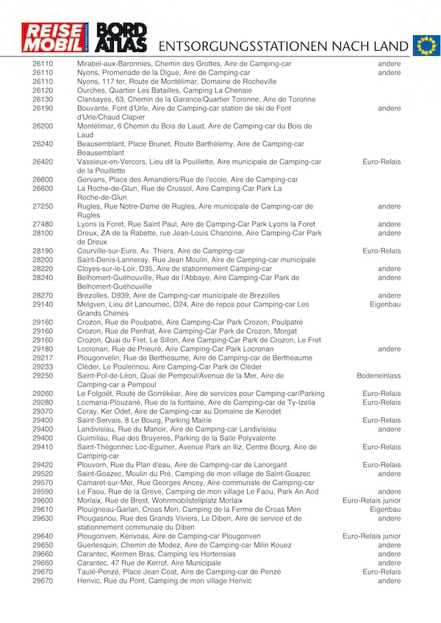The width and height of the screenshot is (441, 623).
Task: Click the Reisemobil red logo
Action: coord(55,39)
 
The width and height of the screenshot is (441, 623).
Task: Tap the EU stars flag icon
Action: coord(425,45)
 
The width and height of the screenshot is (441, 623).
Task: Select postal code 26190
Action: coord(43,109)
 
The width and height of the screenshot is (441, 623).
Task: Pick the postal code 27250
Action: coord(43,206)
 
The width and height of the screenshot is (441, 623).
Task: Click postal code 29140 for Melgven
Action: coord(43,304)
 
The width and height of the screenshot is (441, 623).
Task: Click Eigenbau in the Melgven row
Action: coord(385,304)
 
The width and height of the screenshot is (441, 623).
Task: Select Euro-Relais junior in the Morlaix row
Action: coord(372,500)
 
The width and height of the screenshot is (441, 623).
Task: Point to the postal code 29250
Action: coord(43,375)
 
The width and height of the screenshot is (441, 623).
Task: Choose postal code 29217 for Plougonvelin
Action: coord(43,358)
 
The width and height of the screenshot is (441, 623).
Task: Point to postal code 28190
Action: coord(43,251)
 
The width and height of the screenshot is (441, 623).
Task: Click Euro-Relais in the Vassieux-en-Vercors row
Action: coord(381,162)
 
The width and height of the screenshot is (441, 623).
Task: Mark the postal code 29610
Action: coord(43,509)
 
